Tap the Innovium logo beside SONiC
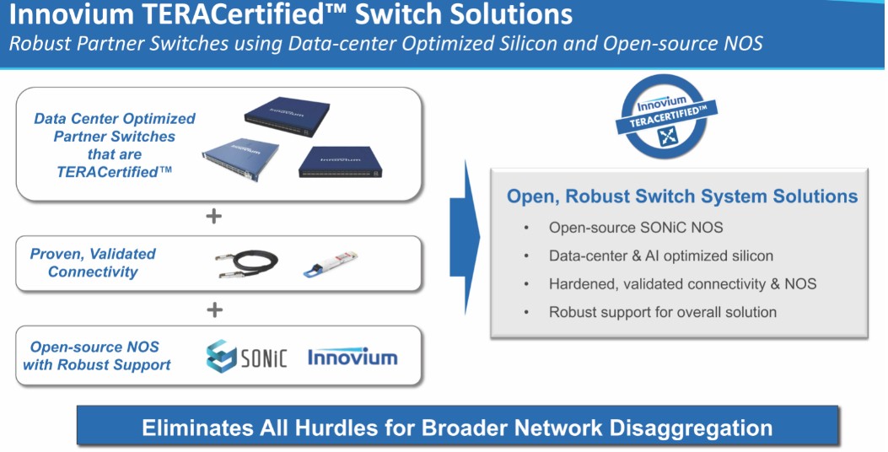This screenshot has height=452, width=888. (353, 357)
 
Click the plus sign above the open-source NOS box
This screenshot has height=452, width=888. (214, 309)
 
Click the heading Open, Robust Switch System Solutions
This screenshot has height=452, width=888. (681, 196)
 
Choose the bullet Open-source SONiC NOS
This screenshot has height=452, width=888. (635, 227)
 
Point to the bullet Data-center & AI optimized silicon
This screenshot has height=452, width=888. (660, 256)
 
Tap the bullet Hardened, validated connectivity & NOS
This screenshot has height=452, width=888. (682, 284)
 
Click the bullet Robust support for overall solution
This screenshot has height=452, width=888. (662, 312)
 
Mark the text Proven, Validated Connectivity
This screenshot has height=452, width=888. (93, 263)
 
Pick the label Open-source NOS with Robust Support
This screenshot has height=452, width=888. (96, 356)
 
